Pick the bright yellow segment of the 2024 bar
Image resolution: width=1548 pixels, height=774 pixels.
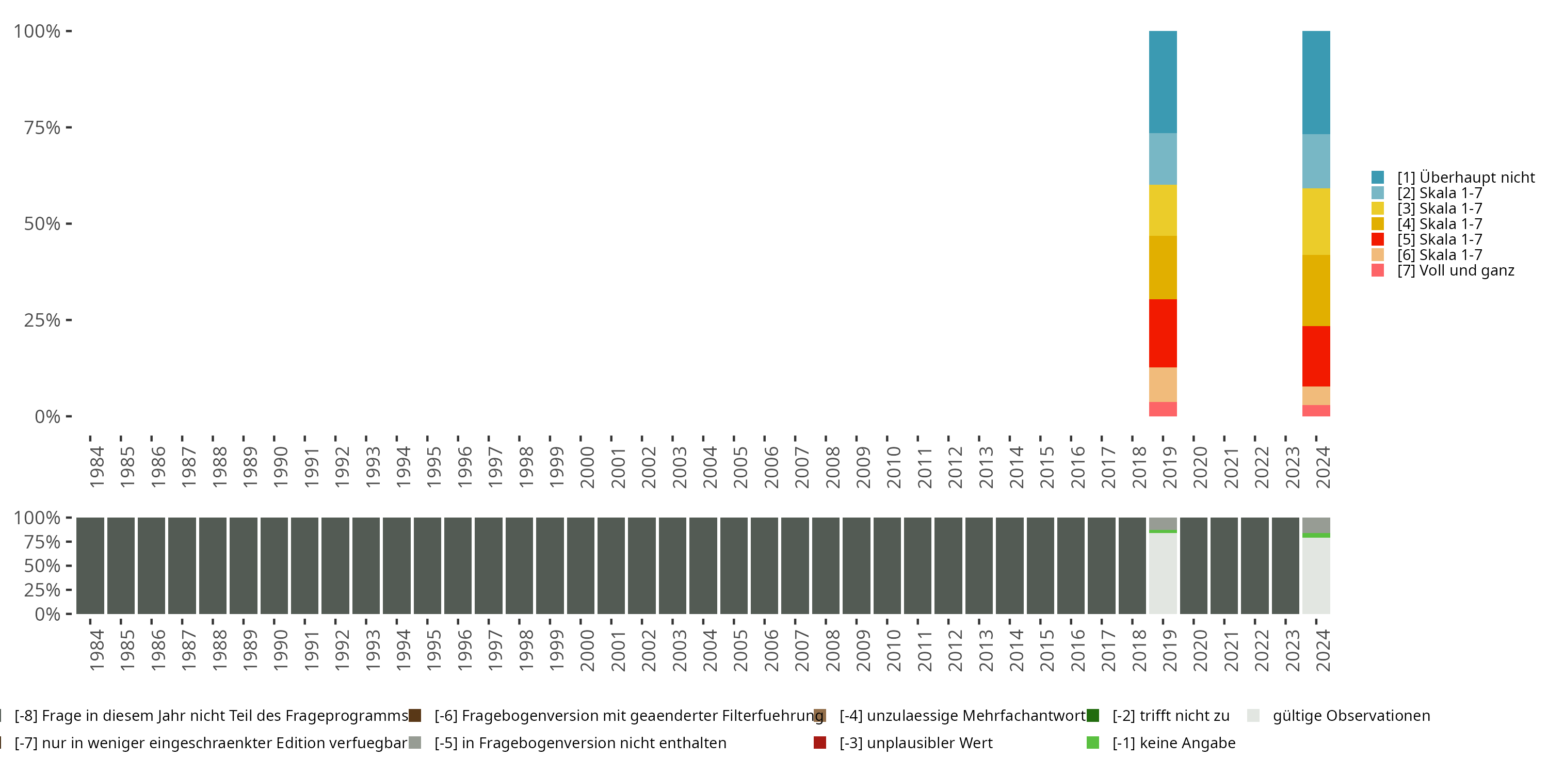(1315, 221)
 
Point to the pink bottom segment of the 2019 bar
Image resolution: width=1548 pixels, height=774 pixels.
(1162, 409)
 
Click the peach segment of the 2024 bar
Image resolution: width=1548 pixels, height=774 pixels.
(1315, 395)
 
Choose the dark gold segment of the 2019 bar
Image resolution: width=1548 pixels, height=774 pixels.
(1162, 267)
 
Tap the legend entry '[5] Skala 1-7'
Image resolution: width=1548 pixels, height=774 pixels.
(1439, 239)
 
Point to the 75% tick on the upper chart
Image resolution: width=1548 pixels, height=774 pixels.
(69, 127)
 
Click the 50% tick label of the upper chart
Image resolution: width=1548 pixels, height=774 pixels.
(42, 223)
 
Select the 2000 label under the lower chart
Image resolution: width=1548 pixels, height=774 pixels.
(587, 650)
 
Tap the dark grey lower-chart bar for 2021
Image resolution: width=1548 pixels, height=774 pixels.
(1223, 566)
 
